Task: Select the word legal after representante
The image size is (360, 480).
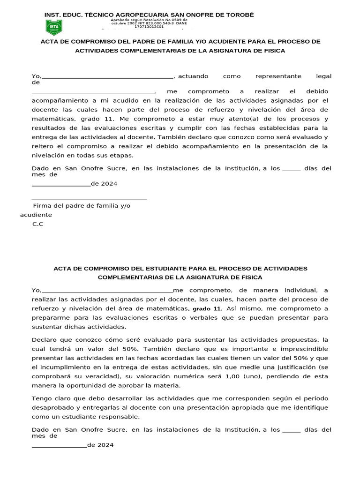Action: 323,76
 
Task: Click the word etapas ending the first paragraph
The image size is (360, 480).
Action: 121,155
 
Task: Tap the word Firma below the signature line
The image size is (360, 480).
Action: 42,206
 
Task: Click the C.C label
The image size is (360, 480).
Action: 37,224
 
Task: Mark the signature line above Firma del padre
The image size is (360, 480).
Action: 89,200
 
